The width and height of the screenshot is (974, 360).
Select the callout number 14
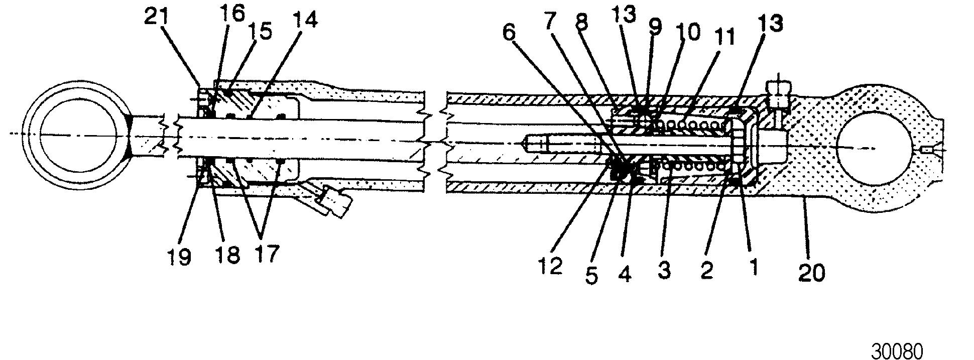[x=305, y=21]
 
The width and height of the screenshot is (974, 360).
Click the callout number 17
[x=266, y=254]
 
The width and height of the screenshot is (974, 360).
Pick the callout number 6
[x=509, y=33]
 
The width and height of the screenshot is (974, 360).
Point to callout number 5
[x=592, y=275]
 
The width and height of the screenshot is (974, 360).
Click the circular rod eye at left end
[x=79, y=134]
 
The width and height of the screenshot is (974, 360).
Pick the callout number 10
[x=688, y=33]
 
